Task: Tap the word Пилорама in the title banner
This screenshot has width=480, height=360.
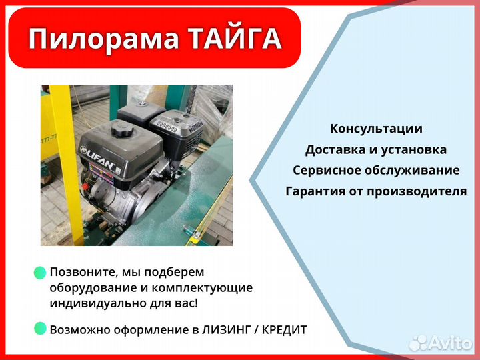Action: (103, 39)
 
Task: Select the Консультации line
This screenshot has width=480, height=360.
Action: (376, 129)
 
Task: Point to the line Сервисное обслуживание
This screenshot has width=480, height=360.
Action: (376, 170)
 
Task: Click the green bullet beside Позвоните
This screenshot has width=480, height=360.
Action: (40, 272)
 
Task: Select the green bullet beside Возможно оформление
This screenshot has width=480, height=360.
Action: (40, 328)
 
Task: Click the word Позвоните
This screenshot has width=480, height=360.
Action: (79, 273)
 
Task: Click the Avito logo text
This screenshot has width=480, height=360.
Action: (450, 342)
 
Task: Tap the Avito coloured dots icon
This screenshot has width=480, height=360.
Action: (418, 342)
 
